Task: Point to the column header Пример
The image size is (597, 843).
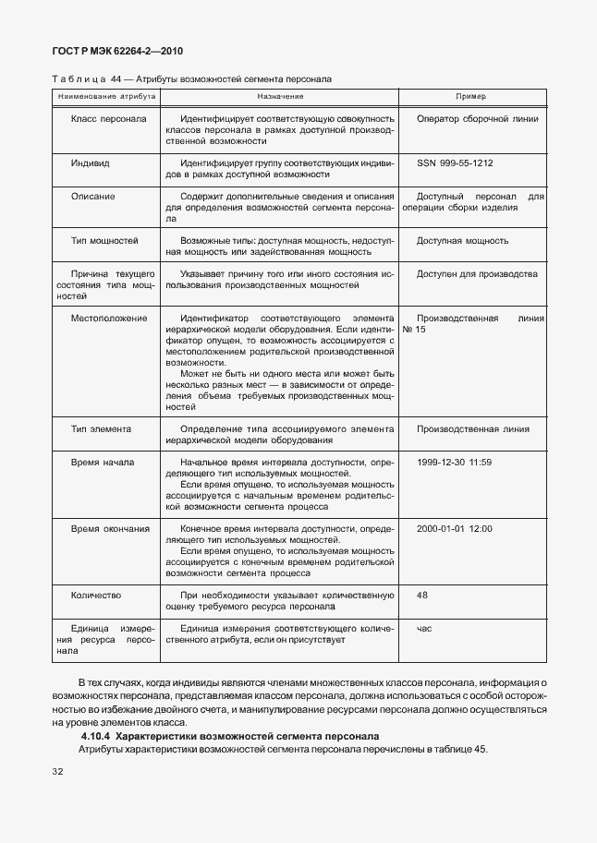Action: click(471, 96)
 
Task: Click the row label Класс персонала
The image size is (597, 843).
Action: click(108, 119)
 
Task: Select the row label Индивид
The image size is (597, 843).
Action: click(90, 163)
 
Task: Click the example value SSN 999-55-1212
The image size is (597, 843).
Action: click(455, 163)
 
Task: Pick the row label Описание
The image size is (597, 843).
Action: click(92, 197)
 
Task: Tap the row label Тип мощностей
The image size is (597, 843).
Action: click(104, 241)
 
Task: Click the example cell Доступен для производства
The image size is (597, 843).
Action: click(477, 274)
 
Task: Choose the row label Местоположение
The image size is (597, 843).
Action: click(108, 318)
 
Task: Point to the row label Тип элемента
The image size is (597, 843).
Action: click(101, 428)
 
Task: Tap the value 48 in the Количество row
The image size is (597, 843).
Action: click(422, 596)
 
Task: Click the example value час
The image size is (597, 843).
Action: click(424, 629)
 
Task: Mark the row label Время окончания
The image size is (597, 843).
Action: click(110, 528)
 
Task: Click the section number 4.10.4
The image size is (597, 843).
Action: click(95, 736)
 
